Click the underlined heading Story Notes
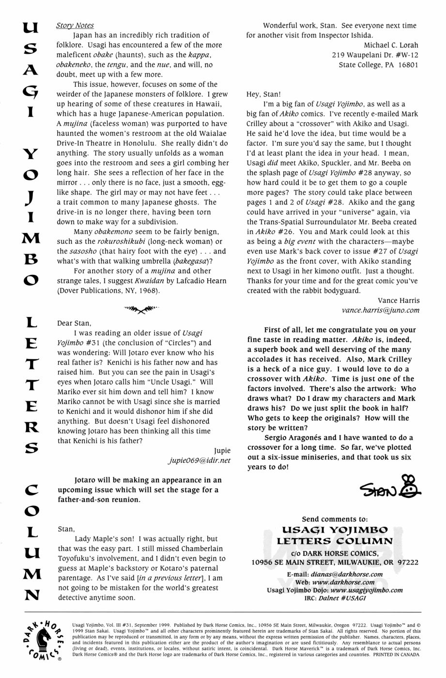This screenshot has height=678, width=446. click(75, 25)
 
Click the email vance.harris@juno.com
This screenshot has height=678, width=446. click(381, 310)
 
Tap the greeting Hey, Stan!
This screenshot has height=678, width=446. click(263, 95)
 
